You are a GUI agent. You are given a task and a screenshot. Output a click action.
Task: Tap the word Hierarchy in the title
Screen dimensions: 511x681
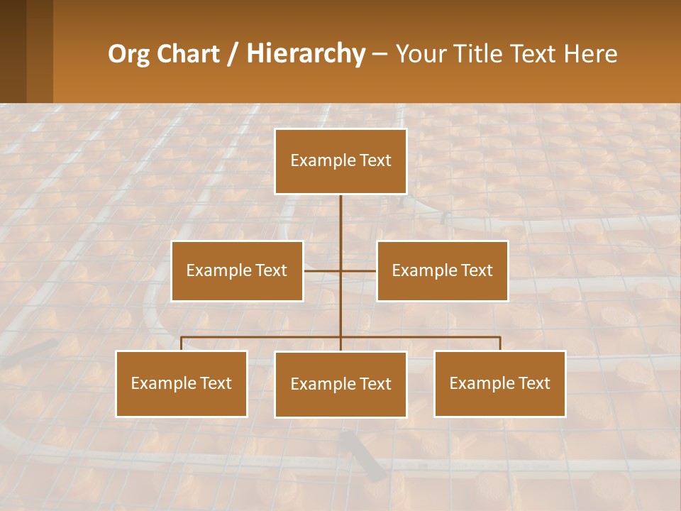(x=305, y=54)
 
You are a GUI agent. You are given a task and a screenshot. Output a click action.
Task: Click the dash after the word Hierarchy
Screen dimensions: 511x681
(x=379, y=54)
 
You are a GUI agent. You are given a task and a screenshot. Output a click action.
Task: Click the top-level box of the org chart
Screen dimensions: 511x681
(x=340, y=161)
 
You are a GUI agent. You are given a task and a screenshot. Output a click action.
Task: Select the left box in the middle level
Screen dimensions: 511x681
(x=237, y=271)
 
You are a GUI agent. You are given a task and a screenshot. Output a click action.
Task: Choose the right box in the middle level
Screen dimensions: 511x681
(x=442, y=271)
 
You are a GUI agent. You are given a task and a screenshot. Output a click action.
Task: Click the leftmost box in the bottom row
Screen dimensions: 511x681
(x=181, y=384)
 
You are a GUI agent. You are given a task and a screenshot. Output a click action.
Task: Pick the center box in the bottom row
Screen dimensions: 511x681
(x=340, y=385)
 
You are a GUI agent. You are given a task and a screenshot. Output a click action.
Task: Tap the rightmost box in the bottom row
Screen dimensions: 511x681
(x=499, y=384)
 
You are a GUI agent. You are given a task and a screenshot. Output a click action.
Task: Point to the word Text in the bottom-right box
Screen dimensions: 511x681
(x=533, y=384)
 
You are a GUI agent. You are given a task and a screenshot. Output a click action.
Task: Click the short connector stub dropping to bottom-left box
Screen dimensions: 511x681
(x=181, y=344)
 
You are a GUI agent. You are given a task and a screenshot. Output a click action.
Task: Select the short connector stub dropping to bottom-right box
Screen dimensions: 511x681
(x=500, y=344)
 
